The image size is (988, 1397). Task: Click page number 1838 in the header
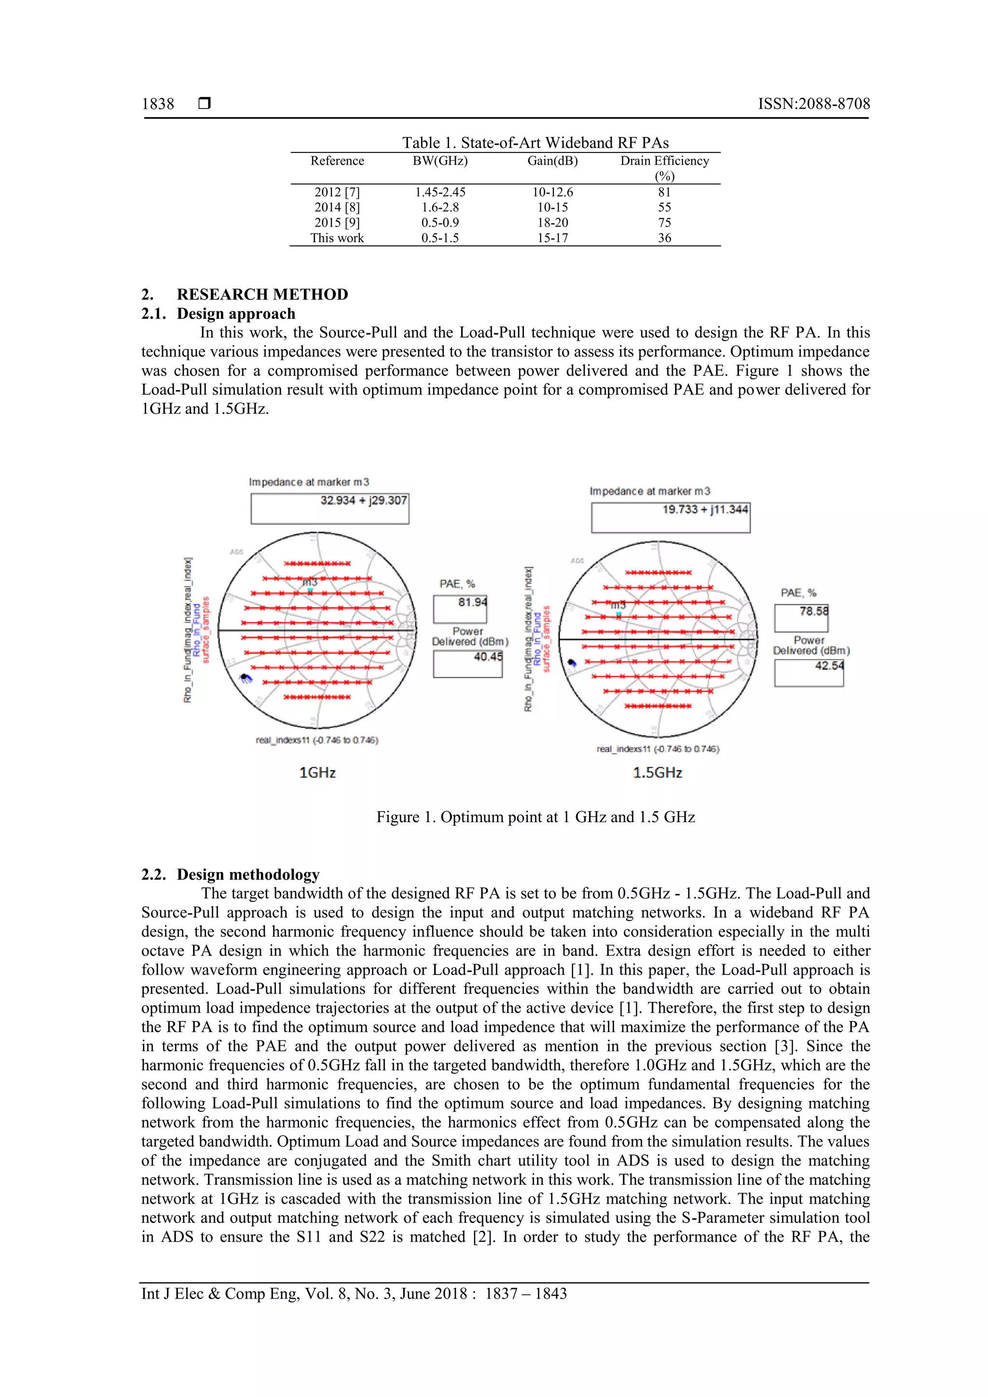[158, 104]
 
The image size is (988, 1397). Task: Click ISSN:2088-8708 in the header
[813, 104]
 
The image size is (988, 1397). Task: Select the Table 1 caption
[535, 143]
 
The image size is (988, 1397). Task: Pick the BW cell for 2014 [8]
[439, 207]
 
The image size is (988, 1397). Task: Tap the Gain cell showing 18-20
[552, 223]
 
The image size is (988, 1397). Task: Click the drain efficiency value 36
[664, 238]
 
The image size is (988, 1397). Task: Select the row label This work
[337, 238]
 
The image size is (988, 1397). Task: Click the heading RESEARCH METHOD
[262, 295]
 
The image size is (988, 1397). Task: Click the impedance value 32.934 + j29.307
[363, 501]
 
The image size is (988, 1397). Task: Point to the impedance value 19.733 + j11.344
[705, 510]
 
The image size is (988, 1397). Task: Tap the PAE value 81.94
[472, 602]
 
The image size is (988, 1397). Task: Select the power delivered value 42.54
[829, 665]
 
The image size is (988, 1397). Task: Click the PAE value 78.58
[813, 611]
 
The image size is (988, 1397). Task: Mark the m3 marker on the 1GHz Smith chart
[310, 590]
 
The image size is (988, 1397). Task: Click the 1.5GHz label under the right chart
[658, 773]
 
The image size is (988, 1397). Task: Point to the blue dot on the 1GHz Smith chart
[245, 677]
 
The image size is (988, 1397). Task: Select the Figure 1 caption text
[535, 817]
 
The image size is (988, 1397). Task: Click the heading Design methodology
[248, 875]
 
